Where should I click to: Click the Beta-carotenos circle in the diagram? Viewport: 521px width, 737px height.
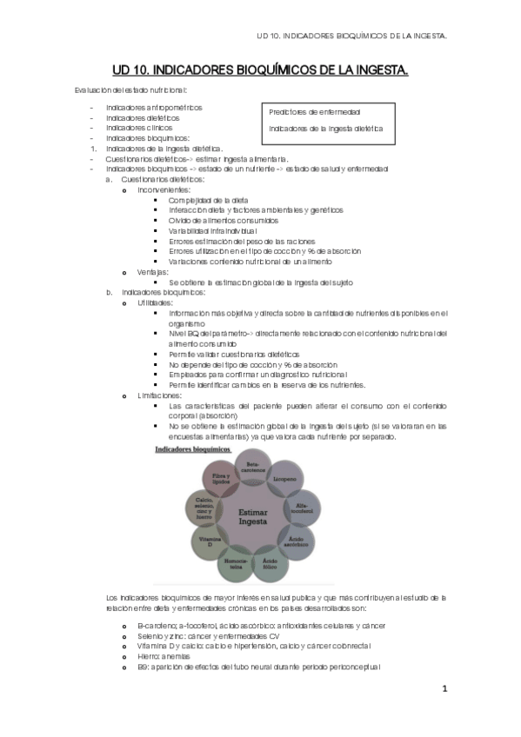coord(253,468)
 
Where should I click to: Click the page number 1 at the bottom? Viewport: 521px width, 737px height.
coord(444,689)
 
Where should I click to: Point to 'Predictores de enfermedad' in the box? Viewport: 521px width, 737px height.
coord(315,112)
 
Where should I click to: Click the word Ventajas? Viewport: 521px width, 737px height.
coord(153,272)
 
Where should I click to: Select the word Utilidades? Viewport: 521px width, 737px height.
coord(155,302)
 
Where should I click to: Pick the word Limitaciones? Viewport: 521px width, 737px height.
coord(159,395)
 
